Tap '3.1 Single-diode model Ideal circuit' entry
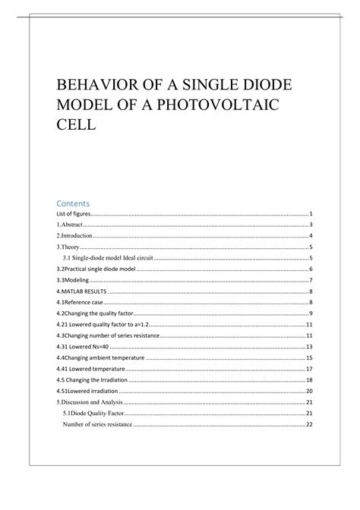(108, 258)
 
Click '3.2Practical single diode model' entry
(93, 269)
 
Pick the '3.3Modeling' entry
(66, 280)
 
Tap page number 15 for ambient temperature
(310, 357)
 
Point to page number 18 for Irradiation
(310, 379)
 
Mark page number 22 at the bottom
(310, 424)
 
